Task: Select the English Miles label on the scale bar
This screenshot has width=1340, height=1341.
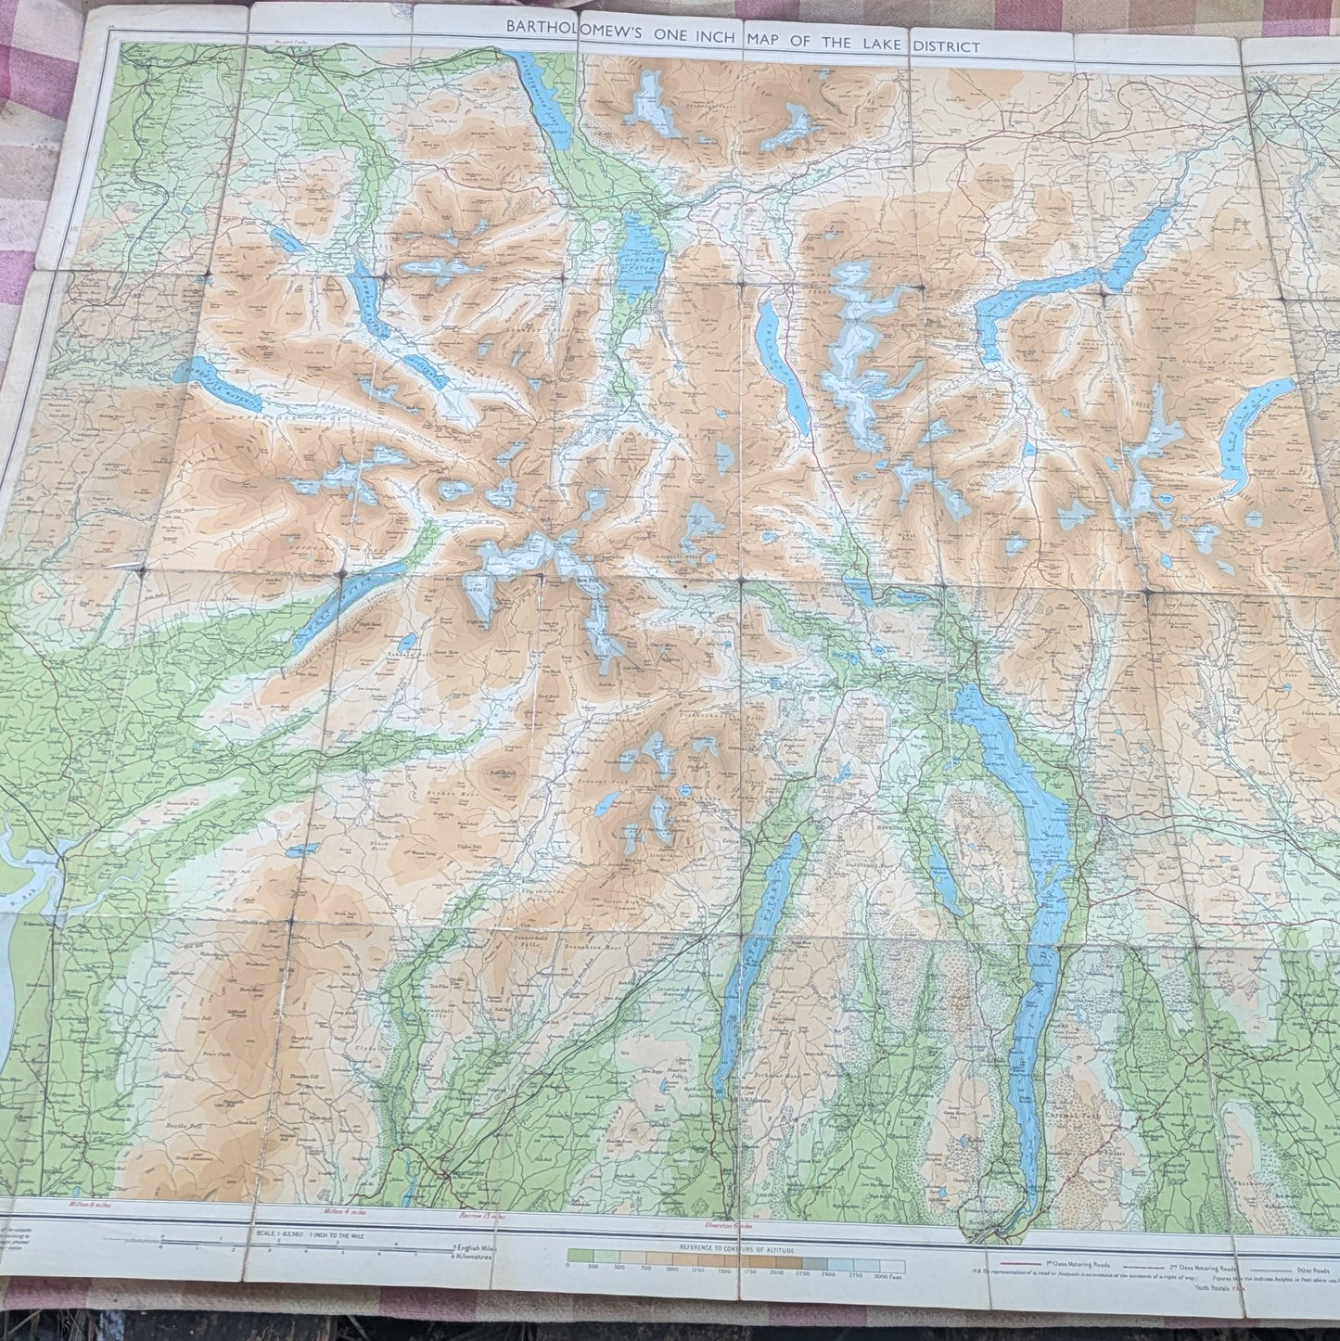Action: (x=474, y=1249)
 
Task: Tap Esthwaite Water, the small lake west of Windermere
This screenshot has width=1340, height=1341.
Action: (x=942, y=881)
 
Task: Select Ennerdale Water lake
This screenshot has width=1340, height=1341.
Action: (x=228, y=384)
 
